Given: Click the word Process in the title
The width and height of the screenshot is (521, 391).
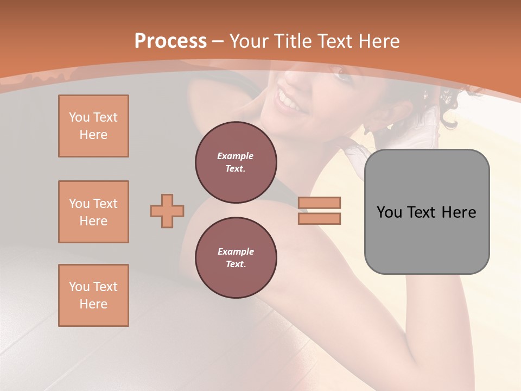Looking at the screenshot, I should tap(170, 41).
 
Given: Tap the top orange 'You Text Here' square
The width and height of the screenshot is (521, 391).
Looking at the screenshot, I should tap(93, 126).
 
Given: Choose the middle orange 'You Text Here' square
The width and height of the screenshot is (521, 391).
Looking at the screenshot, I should tap(93, 212).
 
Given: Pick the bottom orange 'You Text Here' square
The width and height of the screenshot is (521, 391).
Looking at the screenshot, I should tap(93, 295).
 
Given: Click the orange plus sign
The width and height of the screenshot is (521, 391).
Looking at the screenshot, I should tap(167, 211).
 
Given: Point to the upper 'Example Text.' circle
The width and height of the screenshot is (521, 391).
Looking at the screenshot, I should tap(236, 162).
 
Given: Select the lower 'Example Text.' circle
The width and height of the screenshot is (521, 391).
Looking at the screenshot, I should tap(236, 258).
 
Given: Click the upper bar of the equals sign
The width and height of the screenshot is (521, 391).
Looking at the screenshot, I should tap(319, 203).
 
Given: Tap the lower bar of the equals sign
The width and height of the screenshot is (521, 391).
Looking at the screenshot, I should tap(319, 218).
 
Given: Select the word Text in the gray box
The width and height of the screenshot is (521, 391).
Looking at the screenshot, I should tap(422, 212).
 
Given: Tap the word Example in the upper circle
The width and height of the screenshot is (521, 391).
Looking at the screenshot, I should tap(236, 156).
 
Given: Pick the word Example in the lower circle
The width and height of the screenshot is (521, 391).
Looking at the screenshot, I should tap(236, 251).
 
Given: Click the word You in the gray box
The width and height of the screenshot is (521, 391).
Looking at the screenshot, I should tap(389, 212).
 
